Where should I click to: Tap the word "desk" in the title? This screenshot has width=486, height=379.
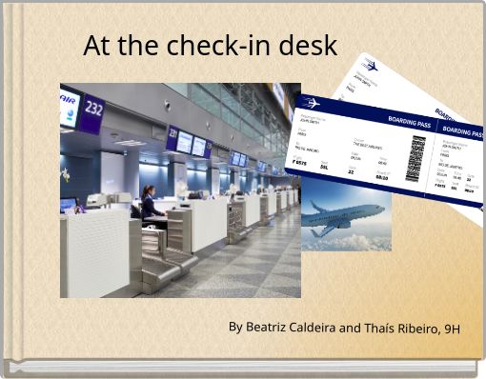click(x=306, y=45)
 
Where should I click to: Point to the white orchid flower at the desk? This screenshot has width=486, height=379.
click(x=65, y=175)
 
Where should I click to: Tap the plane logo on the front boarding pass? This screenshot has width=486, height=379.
click(x=312, y=103)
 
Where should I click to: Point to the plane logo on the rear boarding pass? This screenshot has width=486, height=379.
click(x=370, y=67)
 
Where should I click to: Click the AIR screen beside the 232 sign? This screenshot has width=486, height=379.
click(x=69, y=105)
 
